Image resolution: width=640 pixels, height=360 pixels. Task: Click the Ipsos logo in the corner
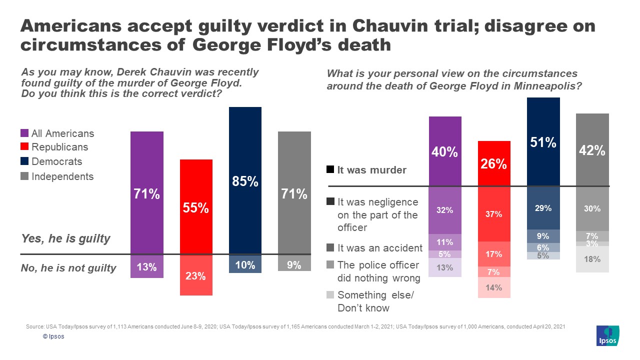607,336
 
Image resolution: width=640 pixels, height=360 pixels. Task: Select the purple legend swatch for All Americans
24,133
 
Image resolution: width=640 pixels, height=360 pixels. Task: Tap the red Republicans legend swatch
24,147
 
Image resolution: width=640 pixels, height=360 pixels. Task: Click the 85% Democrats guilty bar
245,180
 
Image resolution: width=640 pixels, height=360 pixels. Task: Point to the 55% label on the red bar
195,208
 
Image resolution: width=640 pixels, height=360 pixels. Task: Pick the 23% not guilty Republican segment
195,275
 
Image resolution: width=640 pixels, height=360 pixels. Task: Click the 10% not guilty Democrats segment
245,265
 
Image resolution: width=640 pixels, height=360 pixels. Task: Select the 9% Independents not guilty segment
294,264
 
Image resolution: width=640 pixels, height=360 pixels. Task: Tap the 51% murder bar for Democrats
543,142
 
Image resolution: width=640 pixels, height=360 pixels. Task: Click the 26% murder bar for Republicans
494,163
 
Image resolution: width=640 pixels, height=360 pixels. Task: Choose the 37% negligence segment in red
494,214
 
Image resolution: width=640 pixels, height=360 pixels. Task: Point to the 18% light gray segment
592,259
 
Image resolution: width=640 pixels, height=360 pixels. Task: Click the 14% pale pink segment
494,287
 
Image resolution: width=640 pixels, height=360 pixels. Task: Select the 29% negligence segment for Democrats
543,208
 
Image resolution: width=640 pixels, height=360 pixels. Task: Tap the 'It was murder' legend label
371,170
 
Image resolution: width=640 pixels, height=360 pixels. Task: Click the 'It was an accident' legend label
380,247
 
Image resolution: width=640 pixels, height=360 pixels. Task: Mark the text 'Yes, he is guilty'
65,238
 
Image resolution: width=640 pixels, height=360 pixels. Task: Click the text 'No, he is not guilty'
68,268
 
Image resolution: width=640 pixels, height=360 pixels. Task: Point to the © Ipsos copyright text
53,336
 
